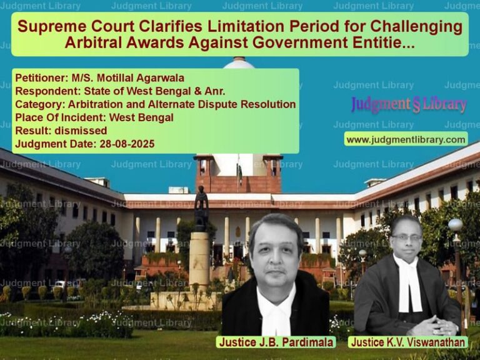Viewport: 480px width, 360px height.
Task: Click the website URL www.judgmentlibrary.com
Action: click(x=406, y=139)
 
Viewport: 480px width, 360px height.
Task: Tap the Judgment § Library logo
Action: click(x=409, y=104)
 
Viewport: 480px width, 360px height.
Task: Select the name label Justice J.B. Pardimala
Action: click(x=276, y=342)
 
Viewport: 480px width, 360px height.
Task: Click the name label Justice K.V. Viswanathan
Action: click(x=407, y=342)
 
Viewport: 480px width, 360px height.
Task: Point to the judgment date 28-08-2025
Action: click(x=127, y=144)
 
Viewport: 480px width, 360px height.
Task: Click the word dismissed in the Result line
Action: click(x=81, y=131)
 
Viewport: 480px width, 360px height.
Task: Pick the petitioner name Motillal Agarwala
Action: click(x=141, y=77)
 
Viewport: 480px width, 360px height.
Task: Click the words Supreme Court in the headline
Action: click(x=76, y=26)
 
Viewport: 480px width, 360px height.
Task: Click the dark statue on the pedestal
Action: click(x=201, y=209)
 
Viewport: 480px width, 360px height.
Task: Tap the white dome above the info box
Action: click(x=239, y=63)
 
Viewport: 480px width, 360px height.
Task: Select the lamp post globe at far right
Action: click(x=456, y=225)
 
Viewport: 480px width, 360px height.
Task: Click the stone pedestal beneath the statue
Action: click(x=199, y=260)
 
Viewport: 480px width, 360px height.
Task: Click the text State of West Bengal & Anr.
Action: click(x=154, y=91)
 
